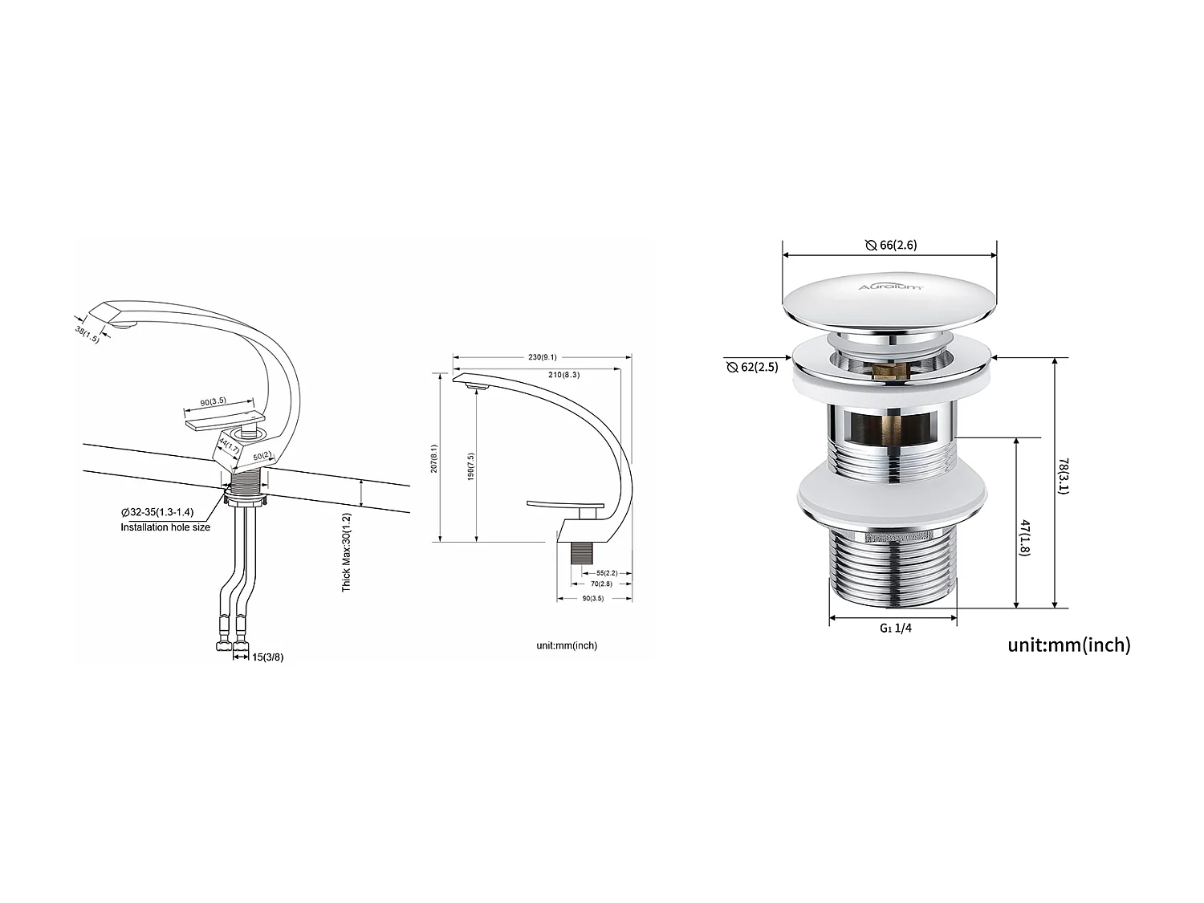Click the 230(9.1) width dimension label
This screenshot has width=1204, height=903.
(543, 357)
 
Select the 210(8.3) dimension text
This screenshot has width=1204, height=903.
(563, 375)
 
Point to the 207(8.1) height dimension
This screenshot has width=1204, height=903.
(434, 458)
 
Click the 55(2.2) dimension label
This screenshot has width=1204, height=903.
(607, 573)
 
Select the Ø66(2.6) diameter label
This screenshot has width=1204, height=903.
(890, 245)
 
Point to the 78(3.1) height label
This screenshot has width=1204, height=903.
(1063, 476)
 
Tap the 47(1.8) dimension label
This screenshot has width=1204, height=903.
(1025, 536)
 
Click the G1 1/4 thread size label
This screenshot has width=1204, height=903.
(895, 628)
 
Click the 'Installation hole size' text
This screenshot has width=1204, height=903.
(165, 527)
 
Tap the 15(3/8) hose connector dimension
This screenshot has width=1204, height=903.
(267, 657)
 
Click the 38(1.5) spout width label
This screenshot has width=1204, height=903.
(87, 334)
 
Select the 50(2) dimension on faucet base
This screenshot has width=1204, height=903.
(262, 457)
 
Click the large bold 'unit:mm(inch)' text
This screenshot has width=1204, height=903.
(1068, 645)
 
